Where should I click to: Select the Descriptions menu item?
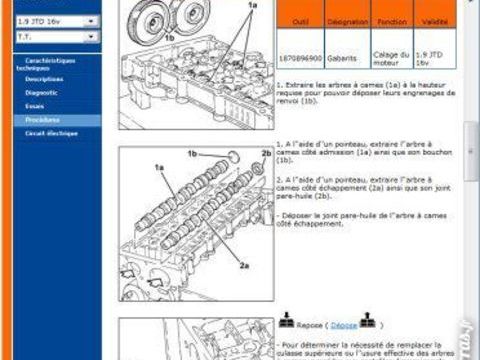(44, 77)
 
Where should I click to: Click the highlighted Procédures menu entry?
(42, 118)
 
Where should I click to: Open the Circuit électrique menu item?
(51, 132)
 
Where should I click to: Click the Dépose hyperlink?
(344, 325)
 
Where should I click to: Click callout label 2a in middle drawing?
(244, 266)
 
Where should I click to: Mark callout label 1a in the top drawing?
(253, 6)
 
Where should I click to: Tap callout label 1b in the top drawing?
(170, 37)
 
